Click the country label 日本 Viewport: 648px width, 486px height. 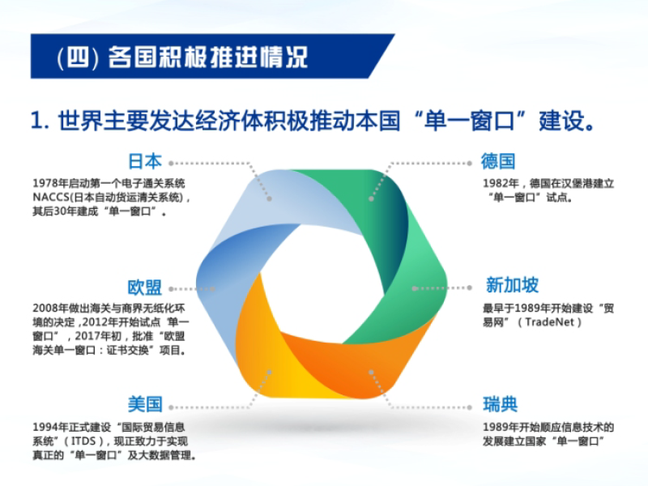[145, 161]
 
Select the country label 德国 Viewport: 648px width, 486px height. [498, 161]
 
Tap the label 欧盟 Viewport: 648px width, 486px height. [145, 288]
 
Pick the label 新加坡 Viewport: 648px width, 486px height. [512, 285]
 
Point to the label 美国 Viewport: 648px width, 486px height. [145, 404]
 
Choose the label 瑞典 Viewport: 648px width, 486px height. [500, 404]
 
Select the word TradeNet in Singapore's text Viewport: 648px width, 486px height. [550, 322]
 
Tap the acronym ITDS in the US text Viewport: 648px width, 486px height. [83, 441]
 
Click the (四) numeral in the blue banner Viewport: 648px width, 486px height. [78, 57]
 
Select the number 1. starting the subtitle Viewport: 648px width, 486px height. [40, 121]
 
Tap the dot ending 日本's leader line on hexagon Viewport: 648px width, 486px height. [269, 198]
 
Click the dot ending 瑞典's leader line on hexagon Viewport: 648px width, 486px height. [371, 373]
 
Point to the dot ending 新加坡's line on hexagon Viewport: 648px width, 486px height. [415, 288]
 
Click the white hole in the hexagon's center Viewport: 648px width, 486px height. [322, 285]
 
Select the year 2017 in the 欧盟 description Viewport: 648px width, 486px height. [87, 336]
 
